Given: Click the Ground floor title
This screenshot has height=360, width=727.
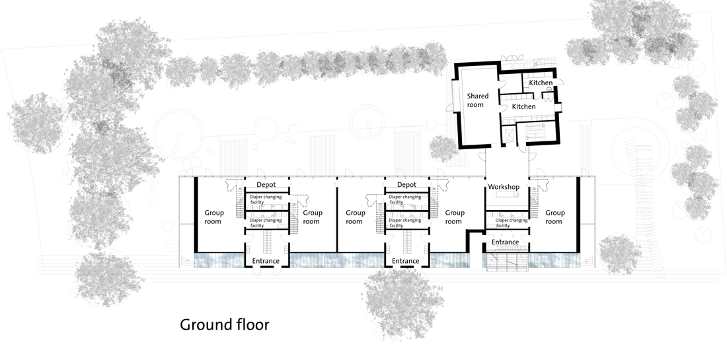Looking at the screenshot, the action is [x=225, y=325].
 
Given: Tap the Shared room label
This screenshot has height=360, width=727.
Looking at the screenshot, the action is [x=477, y=100].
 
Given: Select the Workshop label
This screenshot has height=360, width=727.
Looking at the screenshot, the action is [x=504, y=187].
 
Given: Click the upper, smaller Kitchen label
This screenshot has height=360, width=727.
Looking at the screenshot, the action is [x=541, y=83].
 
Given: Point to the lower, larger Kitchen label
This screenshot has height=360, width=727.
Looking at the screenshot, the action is [x=524, y=106].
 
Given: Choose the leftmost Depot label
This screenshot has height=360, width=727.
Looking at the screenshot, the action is [x=266, y=184].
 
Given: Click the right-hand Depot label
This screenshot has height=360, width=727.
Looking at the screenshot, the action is [x=406, y=184].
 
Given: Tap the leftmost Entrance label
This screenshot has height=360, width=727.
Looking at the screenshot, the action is [x=266, y=261].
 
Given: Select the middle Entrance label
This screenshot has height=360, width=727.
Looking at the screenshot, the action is [x=405, y=261].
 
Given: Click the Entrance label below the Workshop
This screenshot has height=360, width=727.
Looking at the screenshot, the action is [x=505, y=242].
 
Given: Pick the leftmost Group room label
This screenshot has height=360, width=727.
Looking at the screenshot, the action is [x=213, y=217].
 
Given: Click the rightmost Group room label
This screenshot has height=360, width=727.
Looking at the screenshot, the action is [x=555, y=217].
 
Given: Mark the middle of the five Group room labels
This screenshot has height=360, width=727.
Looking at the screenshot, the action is [x=355, y=217].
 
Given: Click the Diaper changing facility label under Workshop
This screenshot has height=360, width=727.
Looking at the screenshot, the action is [x=512, y=223].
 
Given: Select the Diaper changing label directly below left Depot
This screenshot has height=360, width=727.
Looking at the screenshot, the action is [x=266, y=199].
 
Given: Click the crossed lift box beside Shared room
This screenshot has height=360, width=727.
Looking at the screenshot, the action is [x=509, y=134].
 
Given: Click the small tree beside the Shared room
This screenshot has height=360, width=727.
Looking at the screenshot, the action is [x=443, y=148].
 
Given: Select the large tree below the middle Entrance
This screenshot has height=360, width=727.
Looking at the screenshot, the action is [x=402, y=303].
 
